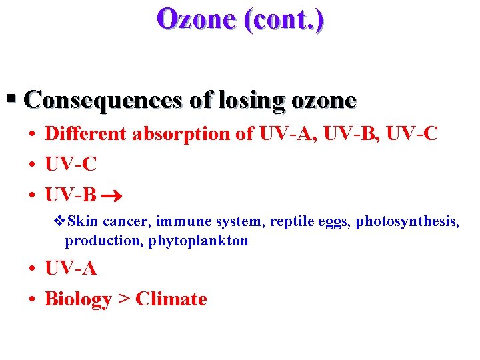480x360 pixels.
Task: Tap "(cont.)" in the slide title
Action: pos(285,19)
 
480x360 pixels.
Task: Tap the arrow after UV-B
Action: pos(110,197)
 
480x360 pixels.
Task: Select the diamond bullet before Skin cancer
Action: pos(59,221)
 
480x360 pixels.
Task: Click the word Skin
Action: pos(83,221)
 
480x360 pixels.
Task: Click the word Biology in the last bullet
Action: pos(77,299)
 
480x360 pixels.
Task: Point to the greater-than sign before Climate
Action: pos(123,299)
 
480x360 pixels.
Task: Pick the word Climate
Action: pos(171,299)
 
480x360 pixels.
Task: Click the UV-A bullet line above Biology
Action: pos(71,269)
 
